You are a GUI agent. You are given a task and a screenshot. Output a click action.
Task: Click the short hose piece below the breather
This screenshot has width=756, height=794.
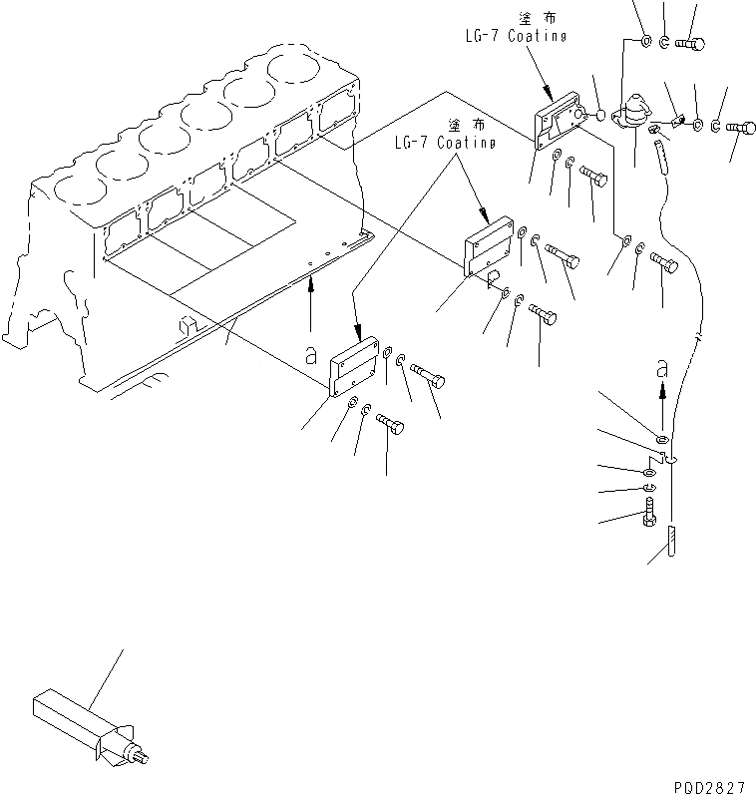(660, 156)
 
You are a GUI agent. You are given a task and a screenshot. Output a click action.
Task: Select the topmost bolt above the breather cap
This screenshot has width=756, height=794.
(690, 43)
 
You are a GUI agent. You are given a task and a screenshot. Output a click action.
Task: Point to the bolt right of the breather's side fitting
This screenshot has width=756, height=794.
(742, 126)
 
